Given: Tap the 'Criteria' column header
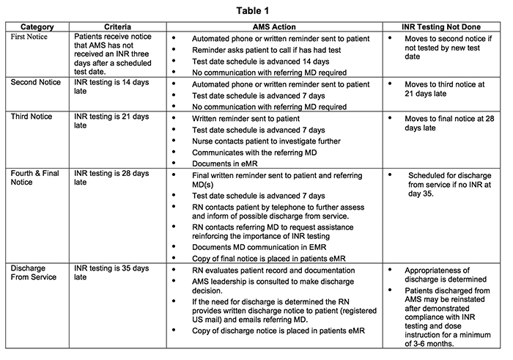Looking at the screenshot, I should click(117, 26).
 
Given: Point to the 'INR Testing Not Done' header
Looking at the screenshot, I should click(444, 26).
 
